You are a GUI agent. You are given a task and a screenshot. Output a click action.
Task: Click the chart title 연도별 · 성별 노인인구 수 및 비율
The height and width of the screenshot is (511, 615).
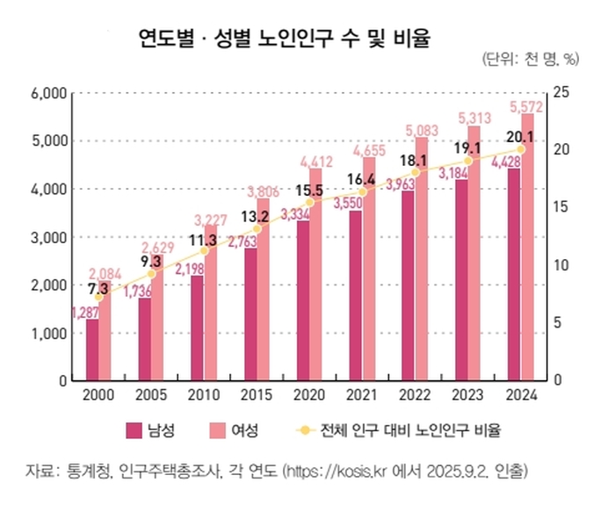tap(284, 38)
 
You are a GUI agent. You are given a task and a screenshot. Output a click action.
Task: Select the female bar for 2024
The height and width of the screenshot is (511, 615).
tap(527, 248)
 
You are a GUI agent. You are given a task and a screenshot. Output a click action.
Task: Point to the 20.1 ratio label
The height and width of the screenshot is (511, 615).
tap(521, 137)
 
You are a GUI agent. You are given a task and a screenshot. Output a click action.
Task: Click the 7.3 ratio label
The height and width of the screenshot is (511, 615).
tap(98, 287)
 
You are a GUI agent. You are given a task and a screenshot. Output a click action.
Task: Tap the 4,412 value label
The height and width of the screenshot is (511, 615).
tap(315, 161)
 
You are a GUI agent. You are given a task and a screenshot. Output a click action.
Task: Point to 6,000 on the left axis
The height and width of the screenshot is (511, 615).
tap(49, 92)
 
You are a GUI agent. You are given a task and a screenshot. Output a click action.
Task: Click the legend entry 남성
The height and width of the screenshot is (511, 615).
tap(162, 430)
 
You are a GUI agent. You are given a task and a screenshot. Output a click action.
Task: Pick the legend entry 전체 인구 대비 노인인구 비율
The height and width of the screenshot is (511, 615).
tap(405, 430)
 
